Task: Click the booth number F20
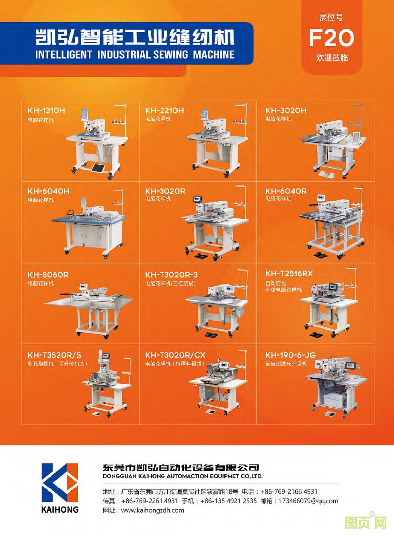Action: [331, 38]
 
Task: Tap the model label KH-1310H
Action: [46, 111]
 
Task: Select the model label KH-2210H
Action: [165, 111]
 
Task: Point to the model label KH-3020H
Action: [286, 111]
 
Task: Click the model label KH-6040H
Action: [48, 191]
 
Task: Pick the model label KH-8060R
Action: [48, 275]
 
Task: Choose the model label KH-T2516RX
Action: [289, 274]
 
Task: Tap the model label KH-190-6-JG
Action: [290, 355]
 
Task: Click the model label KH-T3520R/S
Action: [54, 355]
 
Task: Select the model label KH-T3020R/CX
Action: [175, 355]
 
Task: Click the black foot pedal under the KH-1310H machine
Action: [97, 168]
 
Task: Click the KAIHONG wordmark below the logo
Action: [60, 509]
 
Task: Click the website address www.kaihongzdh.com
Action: [152, 510]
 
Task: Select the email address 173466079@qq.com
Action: [308, 500]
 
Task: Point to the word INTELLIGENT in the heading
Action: [64, 54]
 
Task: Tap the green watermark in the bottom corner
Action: [366, 523]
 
